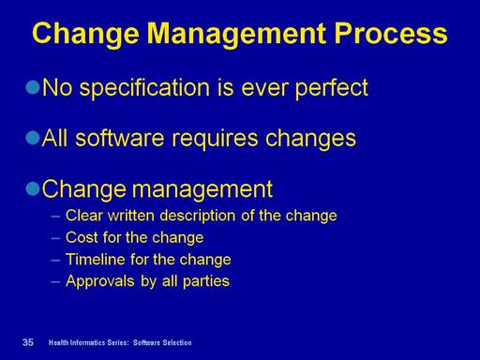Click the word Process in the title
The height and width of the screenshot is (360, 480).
391,33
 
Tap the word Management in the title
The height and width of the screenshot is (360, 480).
236,35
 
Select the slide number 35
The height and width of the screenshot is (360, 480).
28,342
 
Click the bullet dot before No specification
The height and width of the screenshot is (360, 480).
33,87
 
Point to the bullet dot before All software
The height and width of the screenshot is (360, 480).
33,138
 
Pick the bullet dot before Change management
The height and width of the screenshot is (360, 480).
33,188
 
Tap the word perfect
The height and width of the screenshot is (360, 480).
332,87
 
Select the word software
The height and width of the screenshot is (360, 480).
120,138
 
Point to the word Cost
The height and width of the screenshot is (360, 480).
82,237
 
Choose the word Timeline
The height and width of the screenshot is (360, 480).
96,259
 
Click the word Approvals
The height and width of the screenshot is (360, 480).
100,281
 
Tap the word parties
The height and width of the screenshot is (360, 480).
206,281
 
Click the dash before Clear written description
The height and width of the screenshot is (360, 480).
55,216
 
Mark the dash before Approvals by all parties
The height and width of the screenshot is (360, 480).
55,281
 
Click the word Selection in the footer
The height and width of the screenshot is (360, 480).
177,342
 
